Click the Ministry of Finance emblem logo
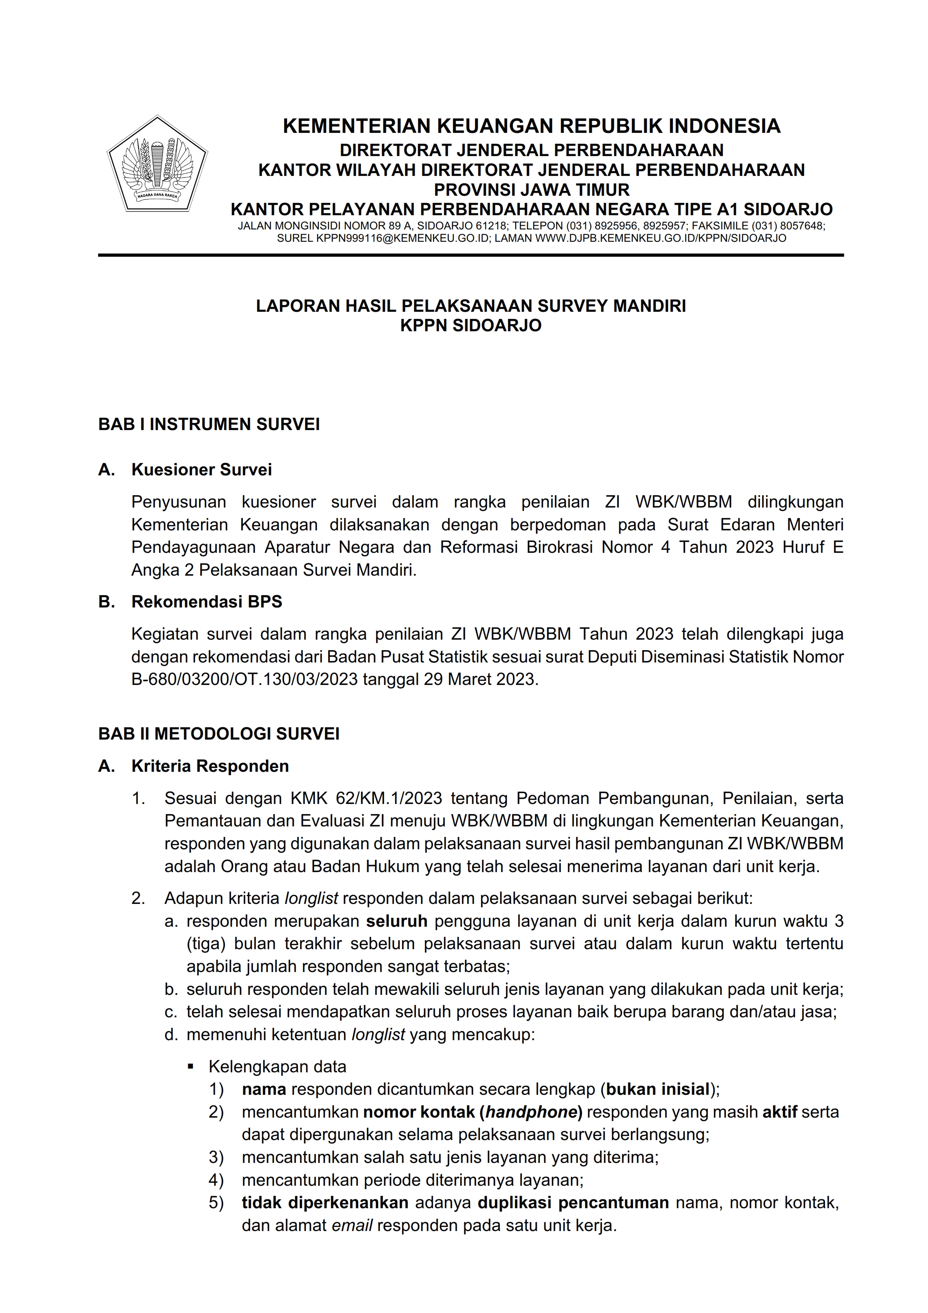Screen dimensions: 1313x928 (x=157, y=164)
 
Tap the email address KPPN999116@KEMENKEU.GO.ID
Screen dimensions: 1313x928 (x=403, y=238)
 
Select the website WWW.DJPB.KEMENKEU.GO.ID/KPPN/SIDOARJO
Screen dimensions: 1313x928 (x=660, y=238)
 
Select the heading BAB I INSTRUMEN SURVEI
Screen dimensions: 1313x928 (x=209, y=424)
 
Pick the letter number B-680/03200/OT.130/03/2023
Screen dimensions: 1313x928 (x=244, y=679)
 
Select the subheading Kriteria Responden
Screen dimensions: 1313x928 (x=210, y=766)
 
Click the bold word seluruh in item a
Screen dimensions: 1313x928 (x=397, y=921)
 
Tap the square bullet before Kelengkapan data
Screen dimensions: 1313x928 (x=191, y=1066)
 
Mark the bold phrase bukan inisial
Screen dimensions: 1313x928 (x=658, y=1090)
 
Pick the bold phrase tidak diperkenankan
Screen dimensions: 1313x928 (x=325, y=1203)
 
